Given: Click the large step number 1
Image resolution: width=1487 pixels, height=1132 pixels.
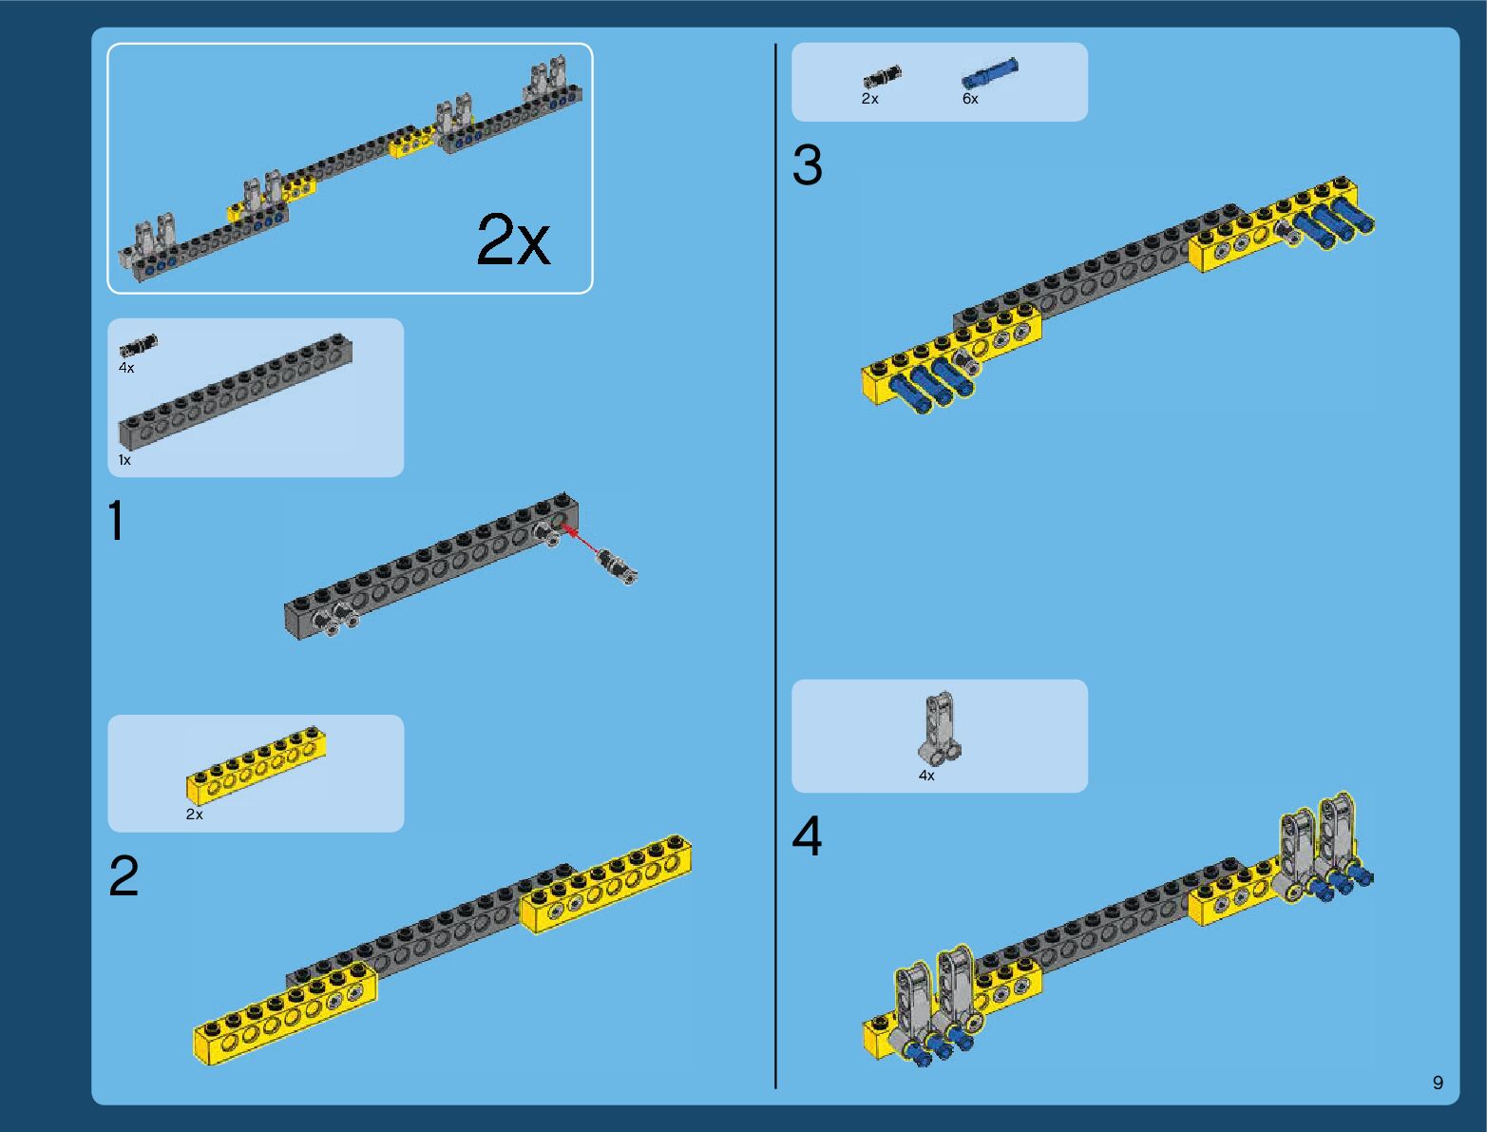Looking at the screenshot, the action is [116, 522].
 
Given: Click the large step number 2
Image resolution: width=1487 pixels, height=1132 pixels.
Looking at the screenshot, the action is [124, 876].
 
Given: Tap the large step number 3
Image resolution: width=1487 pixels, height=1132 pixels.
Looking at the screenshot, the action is [807, 165].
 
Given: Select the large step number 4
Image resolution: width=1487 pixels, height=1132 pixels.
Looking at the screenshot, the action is [807, 837].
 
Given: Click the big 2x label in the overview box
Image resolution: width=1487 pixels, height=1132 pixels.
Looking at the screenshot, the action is [513, 240].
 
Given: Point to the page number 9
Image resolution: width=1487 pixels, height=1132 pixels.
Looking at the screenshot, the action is [1438, 1083].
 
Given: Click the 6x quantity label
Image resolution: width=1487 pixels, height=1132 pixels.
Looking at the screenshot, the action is [970, 99].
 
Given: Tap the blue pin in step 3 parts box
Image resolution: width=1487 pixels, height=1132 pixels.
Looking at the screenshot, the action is [989, 73].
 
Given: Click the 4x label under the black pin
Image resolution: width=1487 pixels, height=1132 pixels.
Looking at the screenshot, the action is [126, 368].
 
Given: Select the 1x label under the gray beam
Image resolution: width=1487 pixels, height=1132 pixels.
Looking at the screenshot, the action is [124, 460].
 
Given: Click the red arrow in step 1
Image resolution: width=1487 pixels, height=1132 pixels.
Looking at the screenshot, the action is [583, 541].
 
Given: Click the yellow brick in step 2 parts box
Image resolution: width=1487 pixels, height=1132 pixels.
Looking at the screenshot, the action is [256, 764].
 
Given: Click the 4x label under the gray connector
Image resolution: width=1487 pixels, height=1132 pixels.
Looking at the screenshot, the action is [926, 776].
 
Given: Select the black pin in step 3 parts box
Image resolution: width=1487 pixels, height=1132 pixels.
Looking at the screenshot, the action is [882, 77].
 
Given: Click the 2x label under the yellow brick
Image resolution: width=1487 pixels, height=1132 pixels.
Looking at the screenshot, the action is [194, 815].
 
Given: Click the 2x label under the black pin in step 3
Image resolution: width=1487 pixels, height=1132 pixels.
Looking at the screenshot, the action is [869, 99].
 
